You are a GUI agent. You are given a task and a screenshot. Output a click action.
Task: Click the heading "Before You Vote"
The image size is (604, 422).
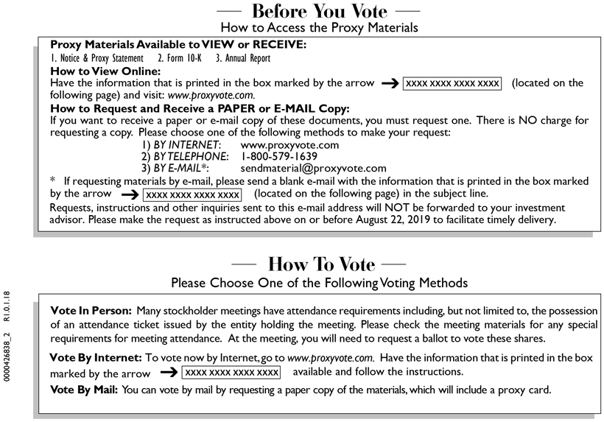(x=325, y=11)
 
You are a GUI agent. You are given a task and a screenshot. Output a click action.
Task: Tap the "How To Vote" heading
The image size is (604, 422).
(x=321, y=264)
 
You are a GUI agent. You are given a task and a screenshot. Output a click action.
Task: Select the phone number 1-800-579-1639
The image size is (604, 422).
(x=279, y=157)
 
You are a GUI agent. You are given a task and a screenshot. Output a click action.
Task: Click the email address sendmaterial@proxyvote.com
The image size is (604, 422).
(x=313, y=168)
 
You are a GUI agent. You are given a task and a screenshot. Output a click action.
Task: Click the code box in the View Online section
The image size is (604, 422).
(x=452, y=84)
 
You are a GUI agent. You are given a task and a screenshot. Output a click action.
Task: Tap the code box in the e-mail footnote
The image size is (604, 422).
(x=192, y=194)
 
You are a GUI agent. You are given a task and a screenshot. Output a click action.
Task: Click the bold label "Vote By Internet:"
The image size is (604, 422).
(x=95, y=357)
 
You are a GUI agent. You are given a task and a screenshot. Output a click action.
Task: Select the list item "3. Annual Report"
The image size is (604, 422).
(x=243, y=58)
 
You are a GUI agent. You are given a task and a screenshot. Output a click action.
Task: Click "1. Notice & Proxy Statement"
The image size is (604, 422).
(x=99, y=58)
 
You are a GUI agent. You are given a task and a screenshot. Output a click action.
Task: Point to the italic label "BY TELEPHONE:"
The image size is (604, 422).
(x=185, y=157)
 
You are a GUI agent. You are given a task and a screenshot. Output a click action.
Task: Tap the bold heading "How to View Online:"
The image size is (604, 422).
(x=105, y=71)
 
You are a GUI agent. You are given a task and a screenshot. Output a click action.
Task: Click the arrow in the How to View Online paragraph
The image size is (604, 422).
(x=390, y=84)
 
